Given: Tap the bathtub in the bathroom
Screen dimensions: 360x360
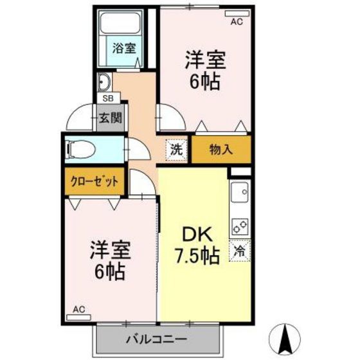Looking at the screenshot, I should tap(115, 26).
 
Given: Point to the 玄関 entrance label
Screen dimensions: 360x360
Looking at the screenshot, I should tap(109, 118).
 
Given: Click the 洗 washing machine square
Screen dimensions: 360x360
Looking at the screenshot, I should tap(175, 149).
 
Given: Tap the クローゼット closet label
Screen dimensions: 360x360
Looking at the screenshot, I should tap(94, 181).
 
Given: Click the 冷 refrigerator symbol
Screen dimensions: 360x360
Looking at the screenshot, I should tap(240, 251).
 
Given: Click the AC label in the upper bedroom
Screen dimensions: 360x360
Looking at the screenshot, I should tap(236, 21).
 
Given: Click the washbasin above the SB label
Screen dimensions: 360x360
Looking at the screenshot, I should tap(104, 82).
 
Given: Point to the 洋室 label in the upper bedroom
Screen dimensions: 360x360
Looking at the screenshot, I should tap(204, 59).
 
